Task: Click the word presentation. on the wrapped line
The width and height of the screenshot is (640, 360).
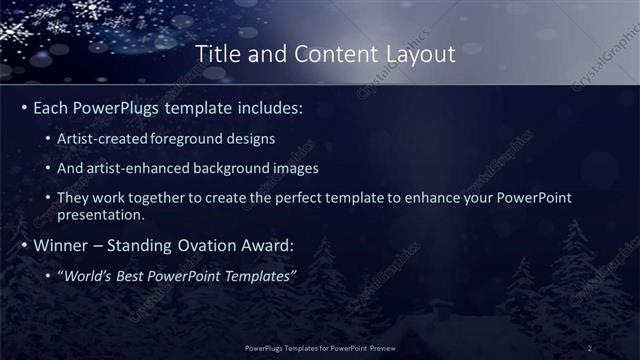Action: click(102, 214)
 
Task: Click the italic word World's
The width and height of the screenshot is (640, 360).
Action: click(88, 274)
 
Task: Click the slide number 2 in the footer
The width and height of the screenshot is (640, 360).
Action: click(589, 347)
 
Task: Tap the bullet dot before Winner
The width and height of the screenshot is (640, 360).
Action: click(24, 244)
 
